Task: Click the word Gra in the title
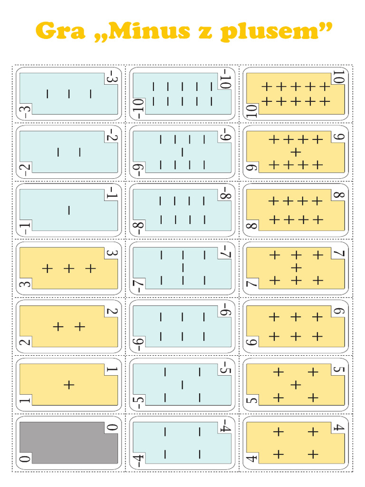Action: coord(60,31)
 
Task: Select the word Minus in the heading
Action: coord(149,31)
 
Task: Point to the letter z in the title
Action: coord(205,33)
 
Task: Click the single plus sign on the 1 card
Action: coord(69,385)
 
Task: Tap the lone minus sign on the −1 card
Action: coord(69,210)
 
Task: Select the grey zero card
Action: coord(68,443)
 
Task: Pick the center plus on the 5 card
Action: coord(296,385)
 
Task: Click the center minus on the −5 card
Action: coord(182,385)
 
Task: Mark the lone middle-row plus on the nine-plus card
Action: coord(296,152)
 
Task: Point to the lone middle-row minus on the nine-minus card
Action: coord(182,152)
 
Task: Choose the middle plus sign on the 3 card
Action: coord(69,268)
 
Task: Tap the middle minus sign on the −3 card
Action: coord(69,94)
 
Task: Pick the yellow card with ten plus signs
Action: coord(296,94)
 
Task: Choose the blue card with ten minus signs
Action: coord(182,94)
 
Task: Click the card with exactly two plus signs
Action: coord(68,326)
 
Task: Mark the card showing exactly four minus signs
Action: coord(182,443)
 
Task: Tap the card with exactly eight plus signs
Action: coord(296,210)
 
